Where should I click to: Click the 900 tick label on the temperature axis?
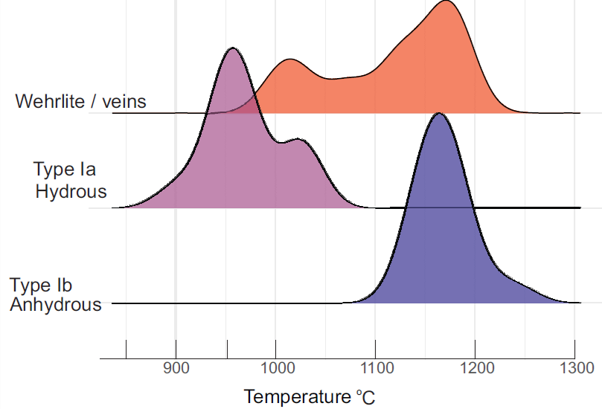[176, 367]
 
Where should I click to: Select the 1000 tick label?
[275, 367]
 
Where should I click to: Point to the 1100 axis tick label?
[375, 367]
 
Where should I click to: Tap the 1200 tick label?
[475, 367]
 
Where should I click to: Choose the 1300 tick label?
[575, 367]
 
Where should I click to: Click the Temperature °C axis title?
[309, 396]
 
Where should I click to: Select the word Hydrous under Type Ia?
[71, 192]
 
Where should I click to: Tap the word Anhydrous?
[56, 304]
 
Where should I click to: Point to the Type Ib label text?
[41, 286]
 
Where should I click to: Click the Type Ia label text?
[65, 168]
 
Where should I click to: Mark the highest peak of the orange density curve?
[446, 2]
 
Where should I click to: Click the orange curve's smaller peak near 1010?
[289, 59]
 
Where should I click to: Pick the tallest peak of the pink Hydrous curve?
[233, 49]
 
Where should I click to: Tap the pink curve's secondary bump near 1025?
[299, 139]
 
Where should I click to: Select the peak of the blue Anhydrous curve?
[439, 114]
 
